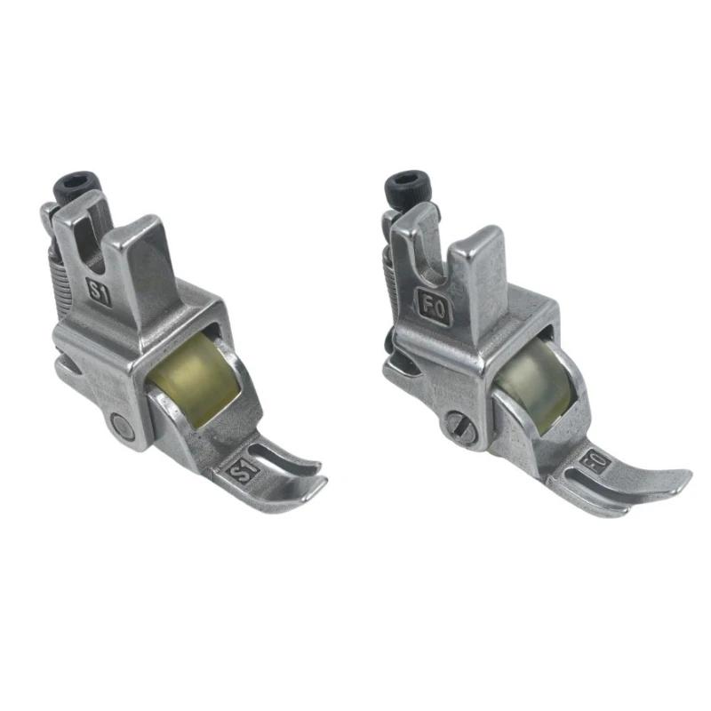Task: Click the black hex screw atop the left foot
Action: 78,188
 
